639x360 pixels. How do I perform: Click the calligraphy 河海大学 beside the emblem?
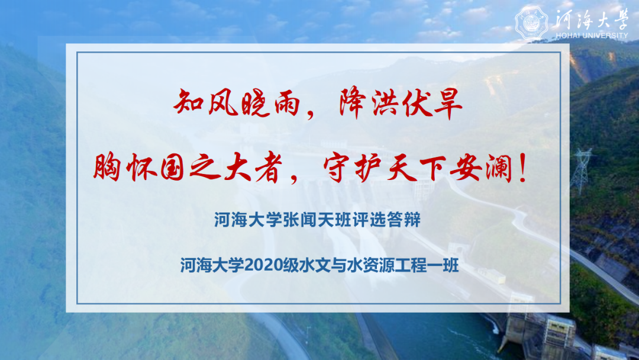pos(589,18)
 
